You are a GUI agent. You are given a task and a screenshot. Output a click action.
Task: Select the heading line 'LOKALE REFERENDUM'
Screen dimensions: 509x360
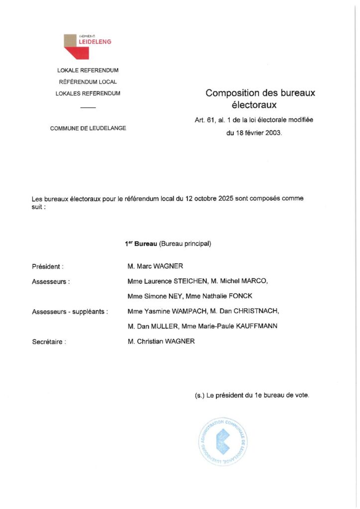click(x=88, y=71)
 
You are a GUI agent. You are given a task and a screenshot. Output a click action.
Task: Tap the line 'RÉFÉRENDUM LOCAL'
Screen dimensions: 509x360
click(x=88, y=82)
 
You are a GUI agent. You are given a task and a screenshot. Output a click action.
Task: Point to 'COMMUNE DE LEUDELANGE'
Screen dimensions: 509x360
click(x=88, y=128)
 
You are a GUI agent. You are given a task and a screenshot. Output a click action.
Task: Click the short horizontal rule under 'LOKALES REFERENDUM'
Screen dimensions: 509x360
click(x=88, y=107)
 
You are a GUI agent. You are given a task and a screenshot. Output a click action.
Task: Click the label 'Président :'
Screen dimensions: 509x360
click(x=48, y=267)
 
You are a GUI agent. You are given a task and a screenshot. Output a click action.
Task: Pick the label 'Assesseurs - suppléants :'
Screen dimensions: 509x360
click(x=70, y=312)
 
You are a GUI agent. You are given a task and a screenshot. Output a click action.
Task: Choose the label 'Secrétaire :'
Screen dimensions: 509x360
click(x=49, y=342)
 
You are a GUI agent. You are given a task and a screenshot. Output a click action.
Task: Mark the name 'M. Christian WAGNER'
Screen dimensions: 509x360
click(x=161, y=341)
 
